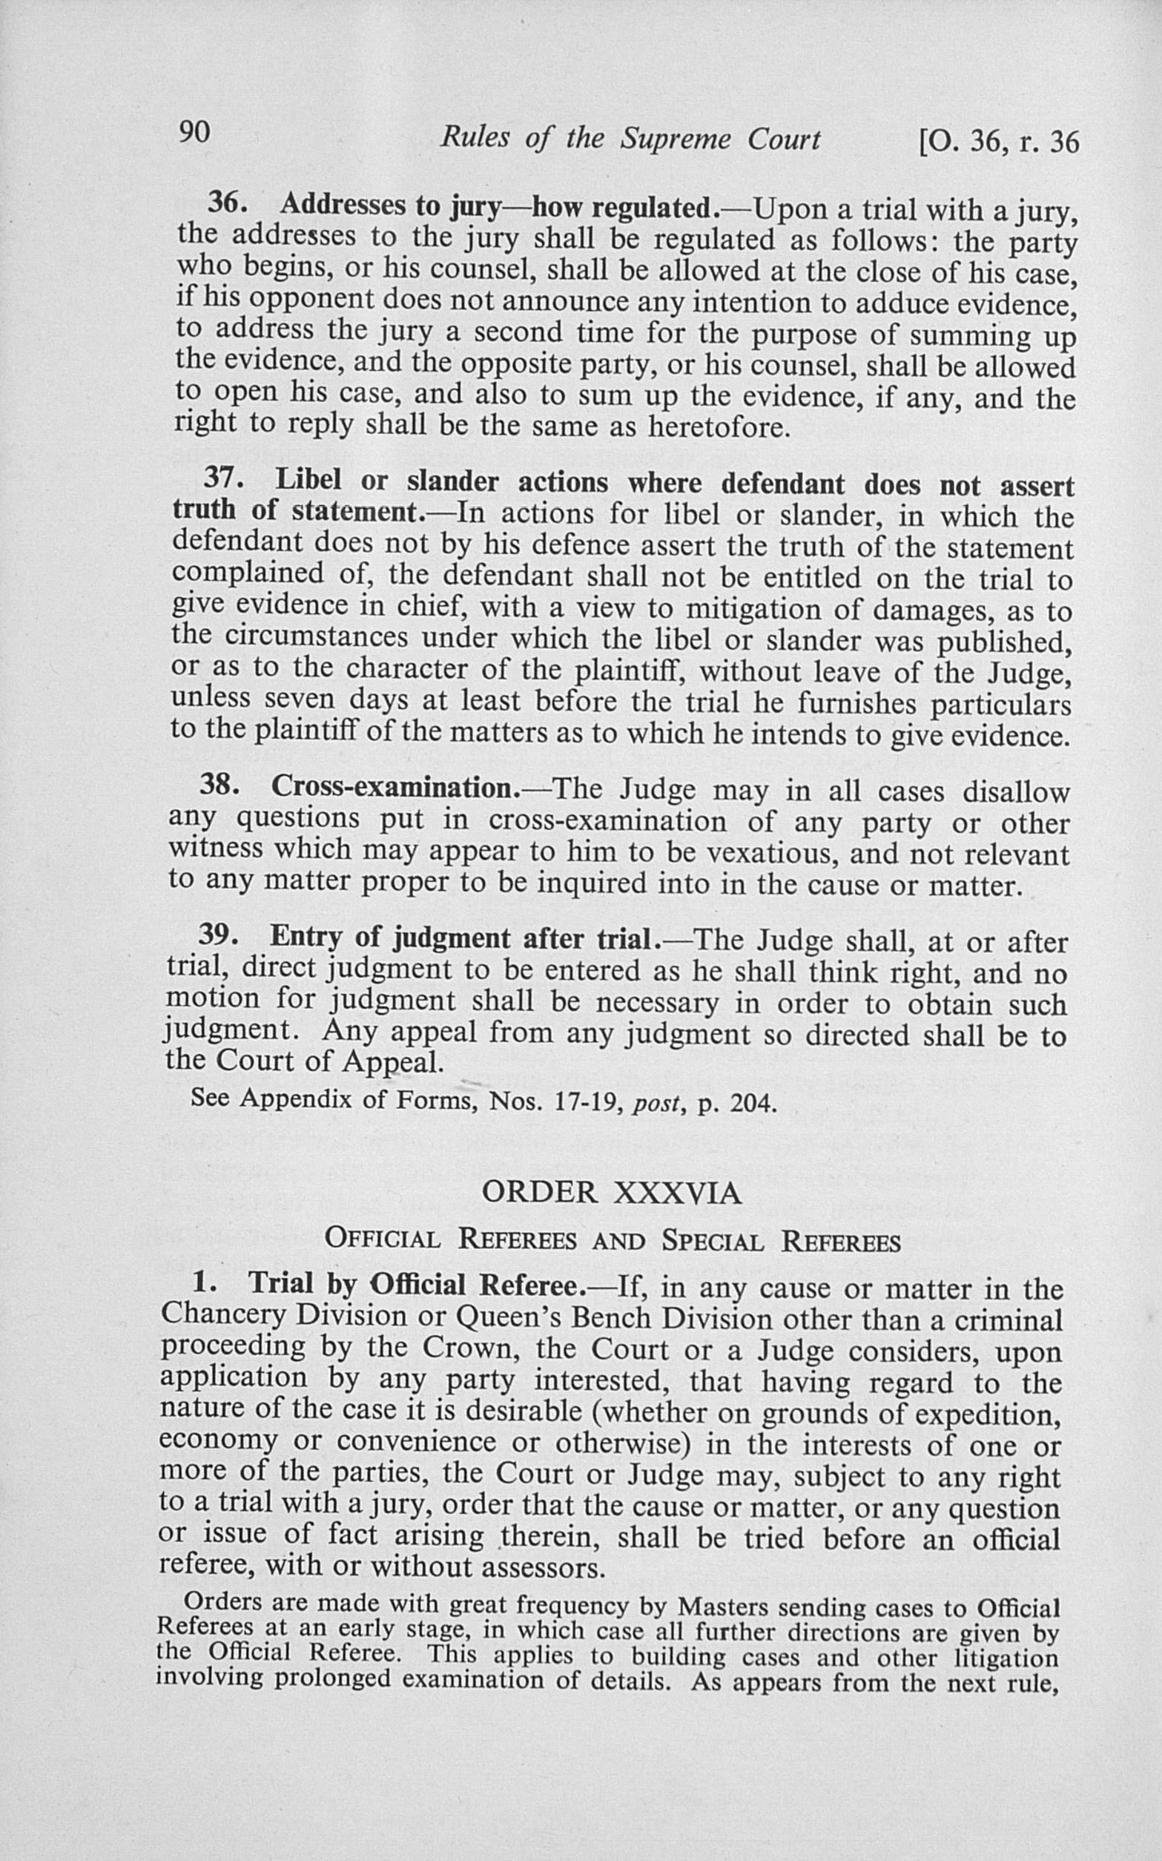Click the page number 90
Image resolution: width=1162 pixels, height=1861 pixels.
coord(194,133)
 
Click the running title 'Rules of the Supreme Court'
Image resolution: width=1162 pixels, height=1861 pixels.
coord(630,139)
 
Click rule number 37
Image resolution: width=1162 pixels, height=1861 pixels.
coord(223,478)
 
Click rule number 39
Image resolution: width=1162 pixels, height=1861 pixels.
coord(217,935)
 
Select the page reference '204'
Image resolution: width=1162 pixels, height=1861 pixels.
coord(749,1103)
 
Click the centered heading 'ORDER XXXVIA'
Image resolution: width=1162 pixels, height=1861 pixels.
coord(611,1193)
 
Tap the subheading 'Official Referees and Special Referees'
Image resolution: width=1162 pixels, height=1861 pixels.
coord(613,1241)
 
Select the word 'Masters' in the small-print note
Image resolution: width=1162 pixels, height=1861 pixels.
coord(716,1607)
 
